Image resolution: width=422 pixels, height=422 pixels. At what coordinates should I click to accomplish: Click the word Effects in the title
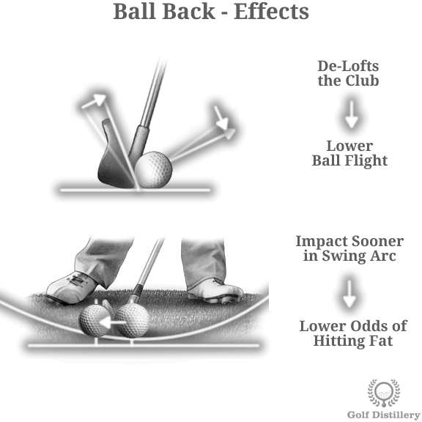271,12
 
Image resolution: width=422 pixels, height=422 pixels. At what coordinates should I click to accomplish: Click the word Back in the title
188,12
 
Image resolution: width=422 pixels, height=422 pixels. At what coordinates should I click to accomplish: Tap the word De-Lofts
348,66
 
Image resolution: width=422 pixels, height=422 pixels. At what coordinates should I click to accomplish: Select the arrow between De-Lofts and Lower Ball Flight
351,114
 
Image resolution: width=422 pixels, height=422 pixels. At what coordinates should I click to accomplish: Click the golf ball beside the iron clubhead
153,169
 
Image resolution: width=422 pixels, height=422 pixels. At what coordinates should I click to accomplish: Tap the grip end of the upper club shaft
163,59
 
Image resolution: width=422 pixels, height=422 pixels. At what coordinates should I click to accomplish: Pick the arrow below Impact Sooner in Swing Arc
349,294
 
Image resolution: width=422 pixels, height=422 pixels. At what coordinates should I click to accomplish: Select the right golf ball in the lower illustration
133,320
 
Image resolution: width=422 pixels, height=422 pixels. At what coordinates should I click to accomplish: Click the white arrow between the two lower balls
112,322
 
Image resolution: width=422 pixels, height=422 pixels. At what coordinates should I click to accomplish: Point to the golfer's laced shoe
72,287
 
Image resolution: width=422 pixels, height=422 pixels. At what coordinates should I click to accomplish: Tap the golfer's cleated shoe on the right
215,290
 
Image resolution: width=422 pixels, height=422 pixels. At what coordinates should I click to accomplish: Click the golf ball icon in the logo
384,391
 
